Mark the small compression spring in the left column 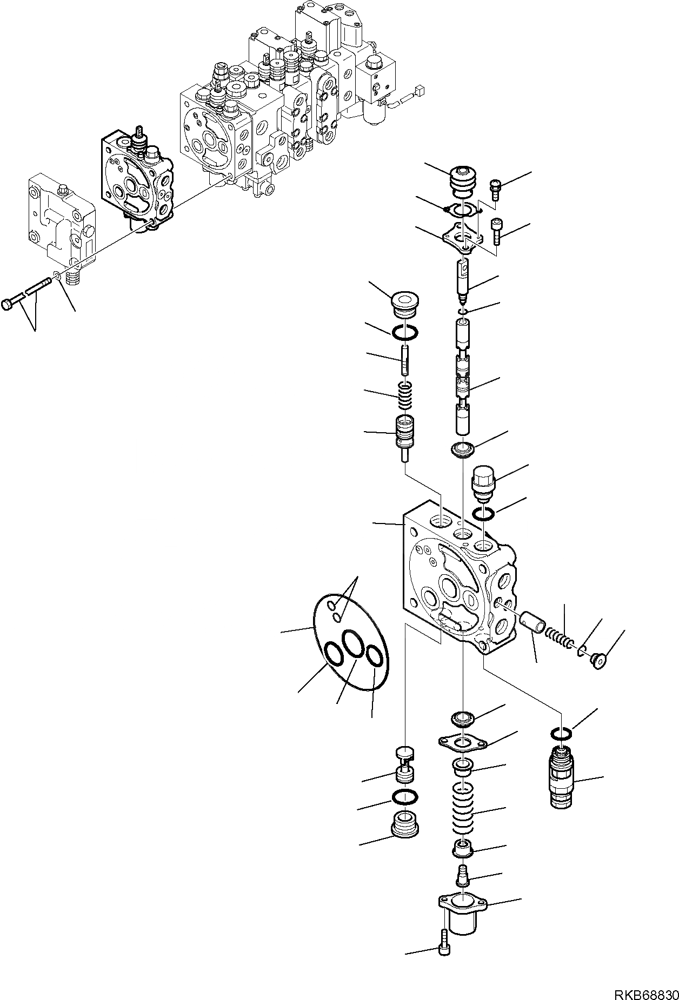tap(405, 396)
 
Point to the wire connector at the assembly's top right tap(419, 92)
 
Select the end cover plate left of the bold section tap(61, 219)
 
